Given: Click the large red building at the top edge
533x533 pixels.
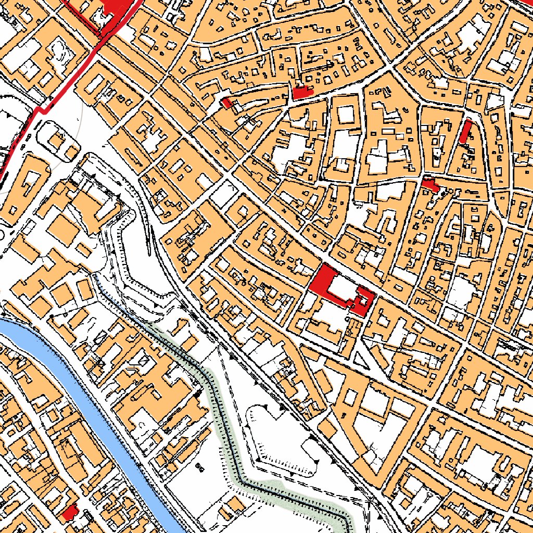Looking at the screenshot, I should coord(116,6).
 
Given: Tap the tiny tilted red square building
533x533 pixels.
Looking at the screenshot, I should coord(226,103).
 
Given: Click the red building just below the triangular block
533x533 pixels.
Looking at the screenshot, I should coord(430,184).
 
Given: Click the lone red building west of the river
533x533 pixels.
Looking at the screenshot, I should coord(69,513).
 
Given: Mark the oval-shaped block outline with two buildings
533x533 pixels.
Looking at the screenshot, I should coord(59,141).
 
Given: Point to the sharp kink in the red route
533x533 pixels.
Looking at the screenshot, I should coord(42,110).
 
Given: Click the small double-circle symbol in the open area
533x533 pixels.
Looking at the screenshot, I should coord(200,466).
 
